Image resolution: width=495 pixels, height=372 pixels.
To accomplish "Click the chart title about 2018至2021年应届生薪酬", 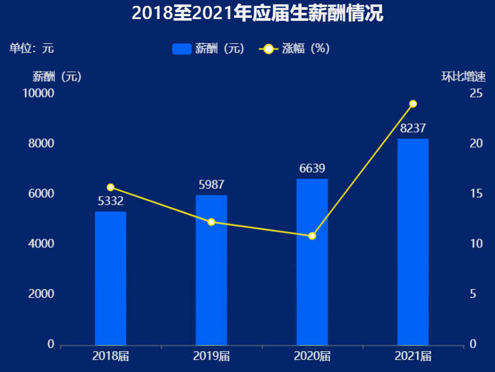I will (257, 13).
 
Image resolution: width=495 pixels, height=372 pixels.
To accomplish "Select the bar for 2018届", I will (111, 278).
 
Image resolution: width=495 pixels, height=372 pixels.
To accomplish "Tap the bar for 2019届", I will (211, 270).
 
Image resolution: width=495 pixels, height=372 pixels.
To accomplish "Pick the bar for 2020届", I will (312, 262).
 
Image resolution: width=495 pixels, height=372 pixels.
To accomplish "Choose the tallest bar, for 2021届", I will (413, 242).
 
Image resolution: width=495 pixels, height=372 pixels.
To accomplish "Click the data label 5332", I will (111, 201).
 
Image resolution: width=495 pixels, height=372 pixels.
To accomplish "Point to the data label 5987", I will (211, 185).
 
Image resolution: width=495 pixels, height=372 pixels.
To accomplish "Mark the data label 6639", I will (312, 169).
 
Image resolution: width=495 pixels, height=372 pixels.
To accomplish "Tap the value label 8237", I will (413, 128).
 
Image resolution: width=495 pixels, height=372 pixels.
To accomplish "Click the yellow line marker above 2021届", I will (413, 104).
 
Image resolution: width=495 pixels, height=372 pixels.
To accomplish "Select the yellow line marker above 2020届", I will (312, 236).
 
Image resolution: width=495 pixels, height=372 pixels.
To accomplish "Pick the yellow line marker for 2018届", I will (111, 187).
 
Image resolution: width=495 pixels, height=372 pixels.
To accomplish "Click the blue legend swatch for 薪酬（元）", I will (182, 49).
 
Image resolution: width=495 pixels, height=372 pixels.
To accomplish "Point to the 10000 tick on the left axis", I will (38, 93).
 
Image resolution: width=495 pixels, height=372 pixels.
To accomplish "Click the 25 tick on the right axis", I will (476, 93).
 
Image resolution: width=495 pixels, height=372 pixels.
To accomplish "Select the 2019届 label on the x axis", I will (211, 356).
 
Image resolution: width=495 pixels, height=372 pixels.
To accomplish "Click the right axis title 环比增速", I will (463, 76).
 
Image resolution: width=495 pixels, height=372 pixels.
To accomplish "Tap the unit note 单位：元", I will (32, 48).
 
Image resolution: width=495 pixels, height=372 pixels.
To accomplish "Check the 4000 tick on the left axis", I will (41, 244).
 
